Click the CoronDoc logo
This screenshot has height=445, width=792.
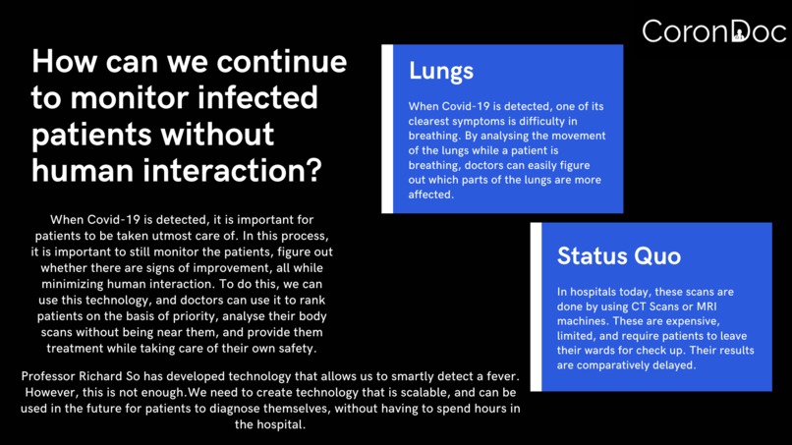(x=713, y=31)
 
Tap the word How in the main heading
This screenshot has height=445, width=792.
(x=66, y=62)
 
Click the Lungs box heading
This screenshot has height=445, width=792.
(x=441, y=71)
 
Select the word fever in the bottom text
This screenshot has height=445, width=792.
(x=497, y=378)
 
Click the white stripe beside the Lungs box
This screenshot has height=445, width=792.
(x=387, y=129)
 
